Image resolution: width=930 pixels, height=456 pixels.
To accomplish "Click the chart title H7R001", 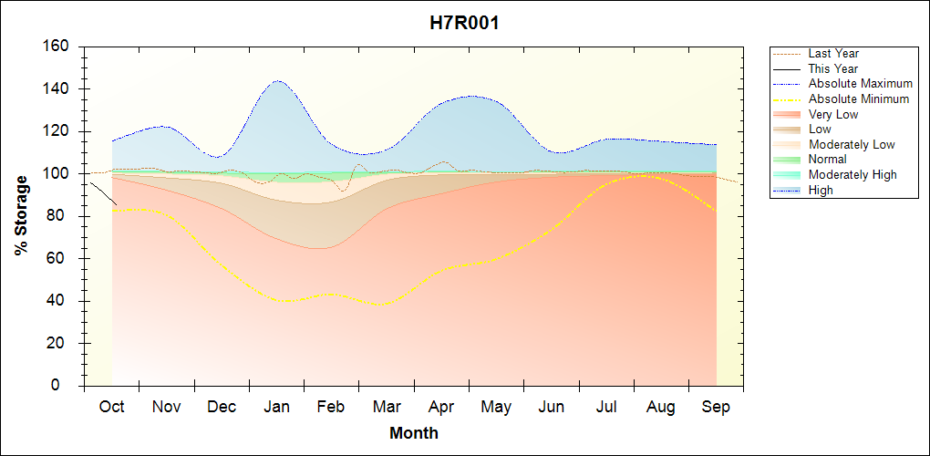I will coord(464,24).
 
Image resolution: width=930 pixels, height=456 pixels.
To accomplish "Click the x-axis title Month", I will coord(413,433).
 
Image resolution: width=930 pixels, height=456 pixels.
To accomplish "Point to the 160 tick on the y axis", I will coord(59,47).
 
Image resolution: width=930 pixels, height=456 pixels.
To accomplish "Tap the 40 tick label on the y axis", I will coord(63,301).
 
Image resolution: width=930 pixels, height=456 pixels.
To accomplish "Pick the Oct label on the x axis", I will coord(111,407).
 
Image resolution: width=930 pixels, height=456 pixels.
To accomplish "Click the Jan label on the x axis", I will coord(276,407).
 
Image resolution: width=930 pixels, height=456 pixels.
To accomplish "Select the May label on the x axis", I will coord(496,407).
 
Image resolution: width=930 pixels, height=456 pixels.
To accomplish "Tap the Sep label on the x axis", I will coord(716,407).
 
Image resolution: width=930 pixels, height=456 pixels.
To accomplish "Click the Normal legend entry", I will coord(827,160).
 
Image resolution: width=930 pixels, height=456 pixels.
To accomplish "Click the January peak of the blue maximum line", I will coord(277,81).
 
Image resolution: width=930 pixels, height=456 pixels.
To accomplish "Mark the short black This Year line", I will coord(102,193).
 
